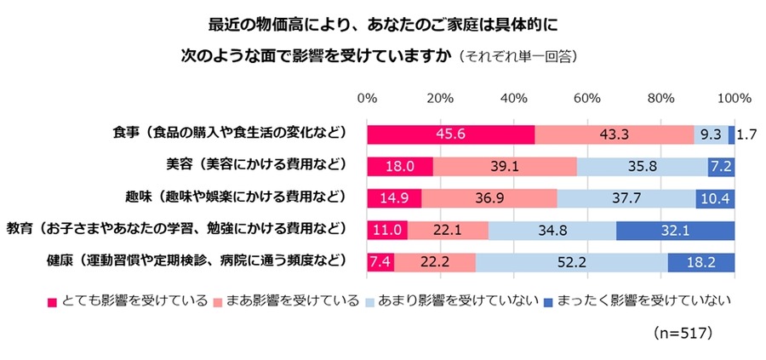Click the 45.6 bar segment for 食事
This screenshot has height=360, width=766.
[x=450, y=134]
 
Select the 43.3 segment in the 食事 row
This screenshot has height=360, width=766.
[x=614, y=134]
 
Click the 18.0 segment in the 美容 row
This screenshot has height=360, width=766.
[x=400, y=166]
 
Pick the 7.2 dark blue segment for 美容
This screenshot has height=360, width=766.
[x=721, y=166]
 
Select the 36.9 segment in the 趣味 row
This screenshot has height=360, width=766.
[x=489, y=197]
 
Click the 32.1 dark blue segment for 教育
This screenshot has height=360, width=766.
[x=675, y=230]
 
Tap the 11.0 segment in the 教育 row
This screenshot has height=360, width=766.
[x=387, y=230]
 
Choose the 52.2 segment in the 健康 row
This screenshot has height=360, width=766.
[x=571, y=261]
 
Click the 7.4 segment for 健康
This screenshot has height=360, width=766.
[x=380, y=261]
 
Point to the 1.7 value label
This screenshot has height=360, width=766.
[x=747, y=134]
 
